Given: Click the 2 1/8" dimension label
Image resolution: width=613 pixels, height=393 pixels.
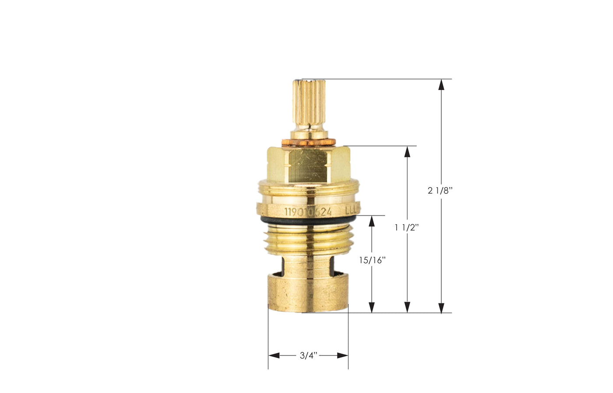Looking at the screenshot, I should click(440, 191).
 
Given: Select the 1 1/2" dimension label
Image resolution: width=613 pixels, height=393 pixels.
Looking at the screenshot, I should click(407, 227).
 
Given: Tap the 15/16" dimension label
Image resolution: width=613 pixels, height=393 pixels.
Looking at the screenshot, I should click(372, 260).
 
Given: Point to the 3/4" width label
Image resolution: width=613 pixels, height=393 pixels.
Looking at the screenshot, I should click(308, 355).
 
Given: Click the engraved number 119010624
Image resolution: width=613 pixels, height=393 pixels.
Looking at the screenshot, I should click(308, 212).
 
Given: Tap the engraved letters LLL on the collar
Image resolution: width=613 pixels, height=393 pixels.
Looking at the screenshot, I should click(352, 210).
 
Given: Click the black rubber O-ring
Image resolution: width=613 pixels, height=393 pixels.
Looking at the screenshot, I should click(306, 221).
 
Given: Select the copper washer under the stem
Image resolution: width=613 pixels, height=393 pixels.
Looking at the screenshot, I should click(308, 142).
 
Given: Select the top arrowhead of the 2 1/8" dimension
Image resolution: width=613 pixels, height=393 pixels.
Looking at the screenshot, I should click(441, 85).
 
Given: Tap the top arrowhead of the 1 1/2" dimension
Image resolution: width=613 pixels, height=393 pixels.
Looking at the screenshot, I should click(408, 152).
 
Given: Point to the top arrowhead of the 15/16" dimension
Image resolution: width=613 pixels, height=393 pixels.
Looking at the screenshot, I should click(372, 221).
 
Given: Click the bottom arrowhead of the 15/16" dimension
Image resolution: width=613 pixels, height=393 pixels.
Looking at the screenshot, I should click(372, 307).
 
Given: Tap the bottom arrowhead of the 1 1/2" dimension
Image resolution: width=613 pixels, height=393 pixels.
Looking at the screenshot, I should click(408, 307).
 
